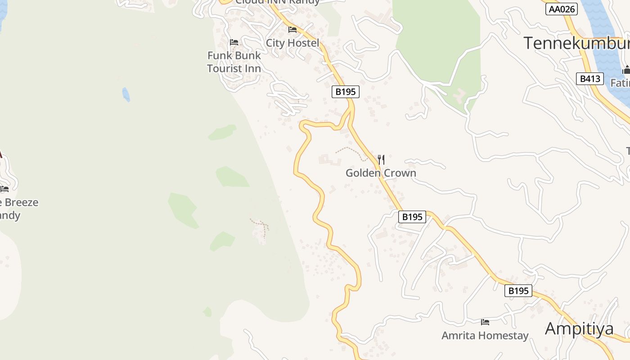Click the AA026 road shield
561,9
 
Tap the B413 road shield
589,79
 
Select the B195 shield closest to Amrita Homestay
518,291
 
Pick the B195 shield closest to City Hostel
346,92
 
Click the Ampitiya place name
579,329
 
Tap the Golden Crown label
381,173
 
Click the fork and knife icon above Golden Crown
381,159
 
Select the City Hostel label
292,43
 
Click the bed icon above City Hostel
292,30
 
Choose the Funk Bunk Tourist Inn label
234,62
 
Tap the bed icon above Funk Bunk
234,42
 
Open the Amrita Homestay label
485,336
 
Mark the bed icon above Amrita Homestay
485,322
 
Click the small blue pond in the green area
126,94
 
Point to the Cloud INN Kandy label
277,2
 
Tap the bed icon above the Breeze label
4,189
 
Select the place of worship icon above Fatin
626,70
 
